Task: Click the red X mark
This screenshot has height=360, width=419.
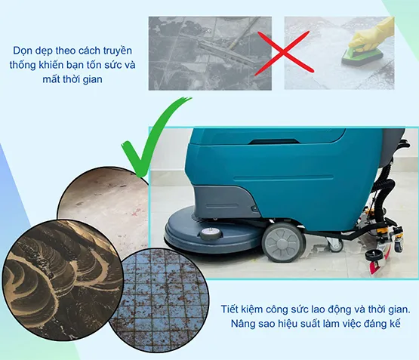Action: point(284,52)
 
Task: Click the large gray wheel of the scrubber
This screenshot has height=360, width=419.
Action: point(284,242)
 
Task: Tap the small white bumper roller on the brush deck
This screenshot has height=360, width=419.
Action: point(211,233)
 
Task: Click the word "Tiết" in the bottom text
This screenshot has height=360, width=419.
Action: point(230,309)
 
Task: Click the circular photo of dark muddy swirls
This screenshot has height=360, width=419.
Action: point(63,281)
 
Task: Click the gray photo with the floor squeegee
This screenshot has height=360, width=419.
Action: point(210,53)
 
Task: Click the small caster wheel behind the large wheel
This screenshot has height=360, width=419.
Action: point(335,244)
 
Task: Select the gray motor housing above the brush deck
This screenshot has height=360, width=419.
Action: point(224,201)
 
